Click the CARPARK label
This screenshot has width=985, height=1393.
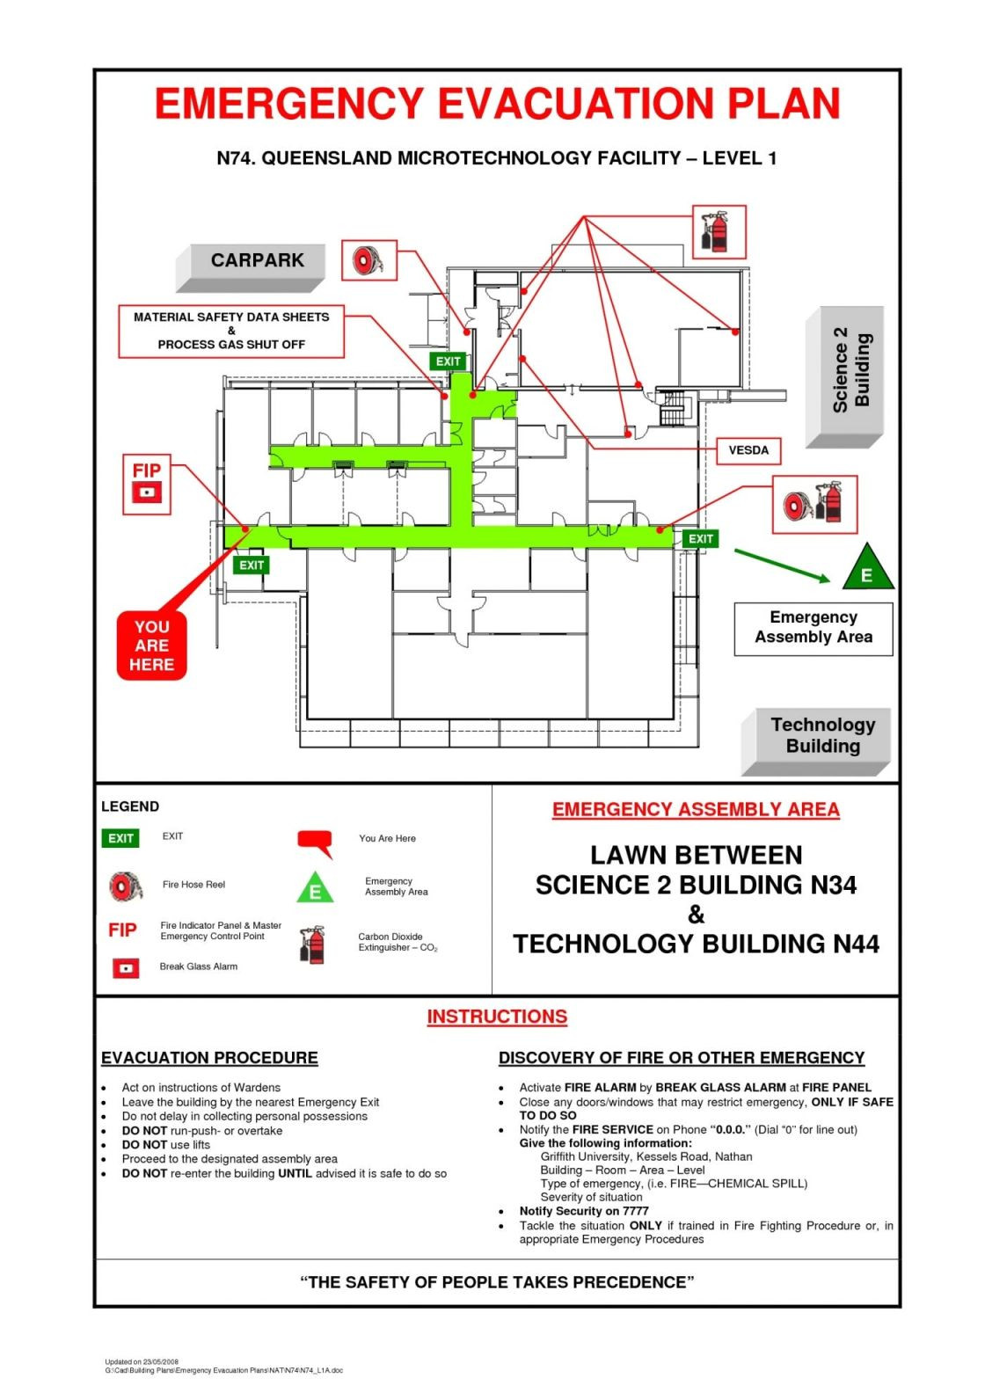click(x=257, y=261)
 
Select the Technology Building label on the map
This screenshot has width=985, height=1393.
click(x=822, y=736)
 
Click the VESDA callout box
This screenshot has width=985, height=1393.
click(x=748, y=450)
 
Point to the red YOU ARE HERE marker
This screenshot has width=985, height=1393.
click(x=151, y=646)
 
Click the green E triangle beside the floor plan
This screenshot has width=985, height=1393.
click(x=867, y=568)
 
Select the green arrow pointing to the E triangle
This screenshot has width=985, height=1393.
click(x=781, y=565)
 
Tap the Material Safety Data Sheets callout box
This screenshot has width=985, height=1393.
click(x=231, y=331)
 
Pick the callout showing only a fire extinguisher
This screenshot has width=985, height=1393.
click(x=719, y=232)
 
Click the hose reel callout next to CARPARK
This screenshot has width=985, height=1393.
click(x=368, y=260)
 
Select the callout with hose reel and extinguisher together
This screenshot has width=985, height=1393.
click(x=814, y=505)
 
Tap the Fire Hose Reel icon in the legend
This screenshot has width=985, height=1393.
click(x=125, y=886)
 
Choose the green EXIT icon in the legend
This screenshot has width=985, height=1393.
click(x=120, y=838)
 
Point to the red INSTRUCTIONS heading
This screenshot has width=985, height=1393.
click(x=497, y=1017)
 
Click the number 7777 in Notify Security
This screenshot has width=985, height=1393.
click(x=635, y=1211)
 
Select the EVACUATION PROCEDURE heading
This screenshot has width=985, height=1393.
click(x=209, y=1058)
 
